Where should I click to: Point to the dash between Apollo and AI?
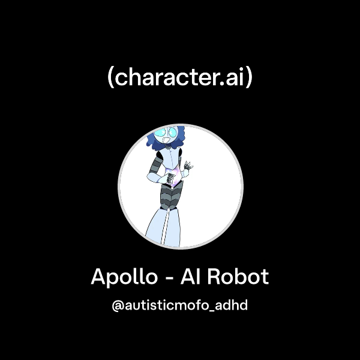pyautogui.click(x=171, y=278)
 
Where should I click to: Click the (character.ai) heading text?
pyautogui.click(x=180, y=79)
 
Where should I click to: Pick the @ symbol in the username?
pyautogui.click(x=118, y=305)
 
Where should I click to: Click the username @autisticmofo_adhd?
pyautogui.click(x=180, y=305)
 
